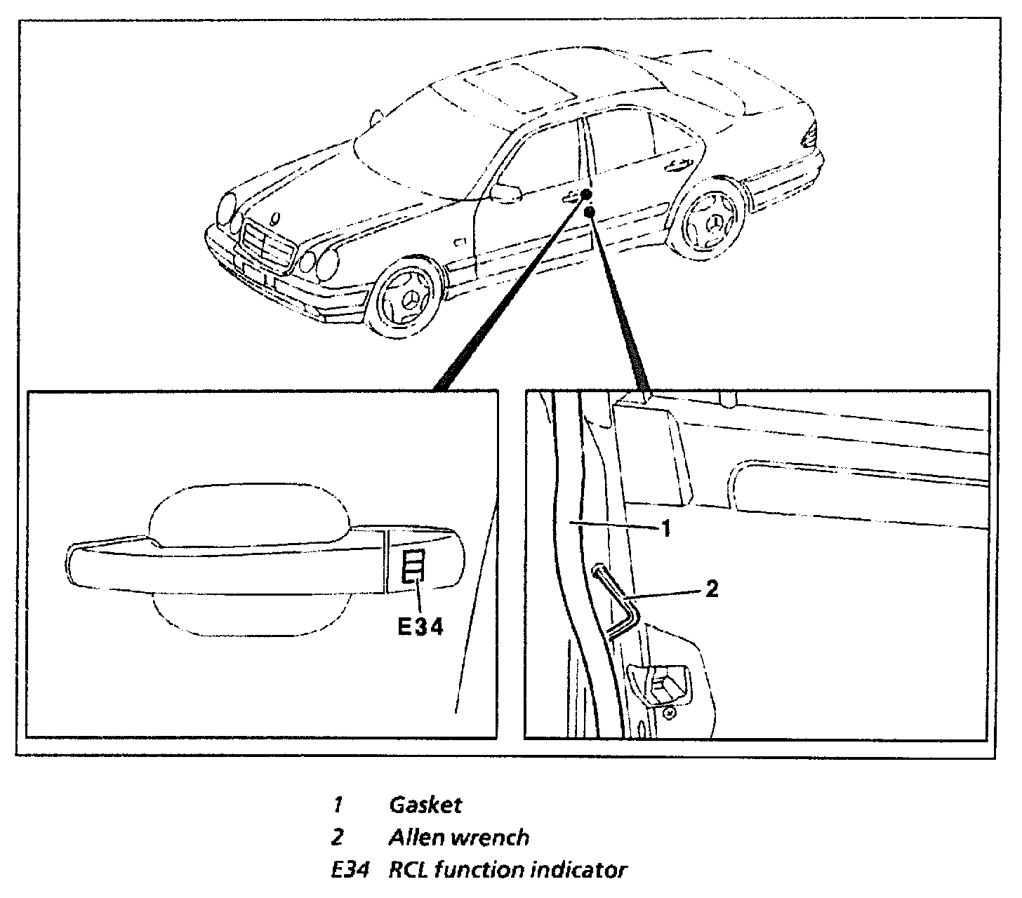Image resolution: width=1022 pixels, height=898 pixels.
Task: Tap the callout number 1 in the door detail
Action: point(666,528)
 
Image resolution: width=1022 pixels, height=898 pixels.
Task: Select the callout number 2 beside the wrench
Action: point(711,589)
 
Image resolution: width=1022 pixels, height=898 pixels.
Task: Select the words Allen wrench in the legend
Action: point(458,837)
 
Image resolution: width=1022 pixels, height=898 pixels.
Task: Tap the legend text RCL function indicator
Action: point(507,870)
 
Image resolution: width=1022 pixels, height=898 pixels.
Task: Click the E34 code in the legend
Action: point(350,870)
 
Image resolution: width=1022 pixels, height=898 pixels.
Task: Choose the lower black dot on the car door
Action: point(590,210)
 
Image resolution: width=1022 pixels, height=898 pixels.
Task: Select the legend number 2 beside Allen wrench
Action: point(338,837)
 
